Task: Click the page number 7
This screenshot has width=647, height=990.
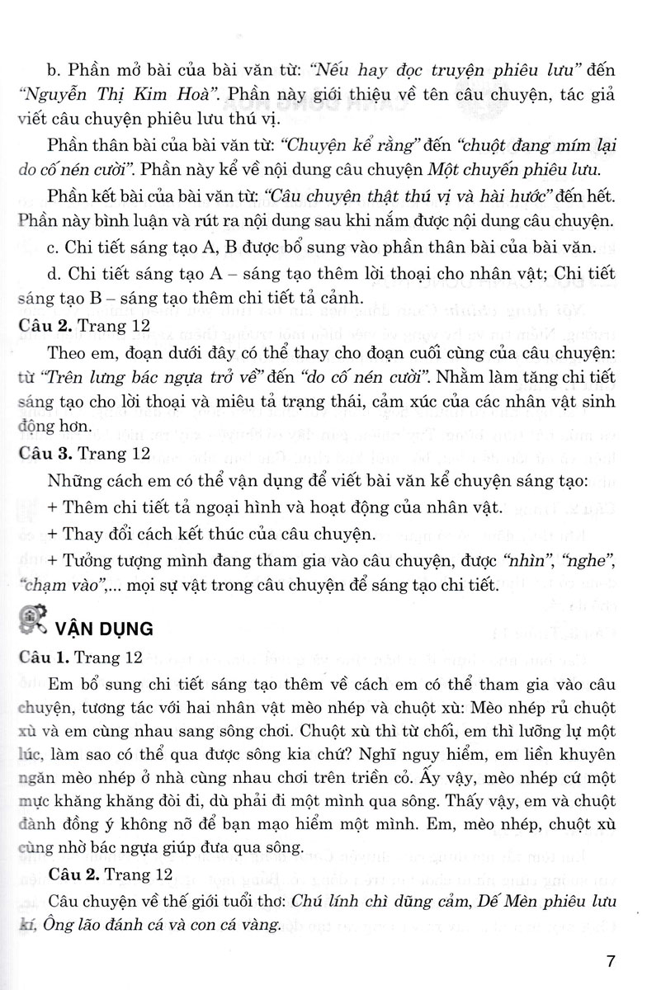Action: (610, 960)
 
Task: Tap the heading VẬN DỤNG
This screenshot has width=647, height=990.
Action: (104, 628)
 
